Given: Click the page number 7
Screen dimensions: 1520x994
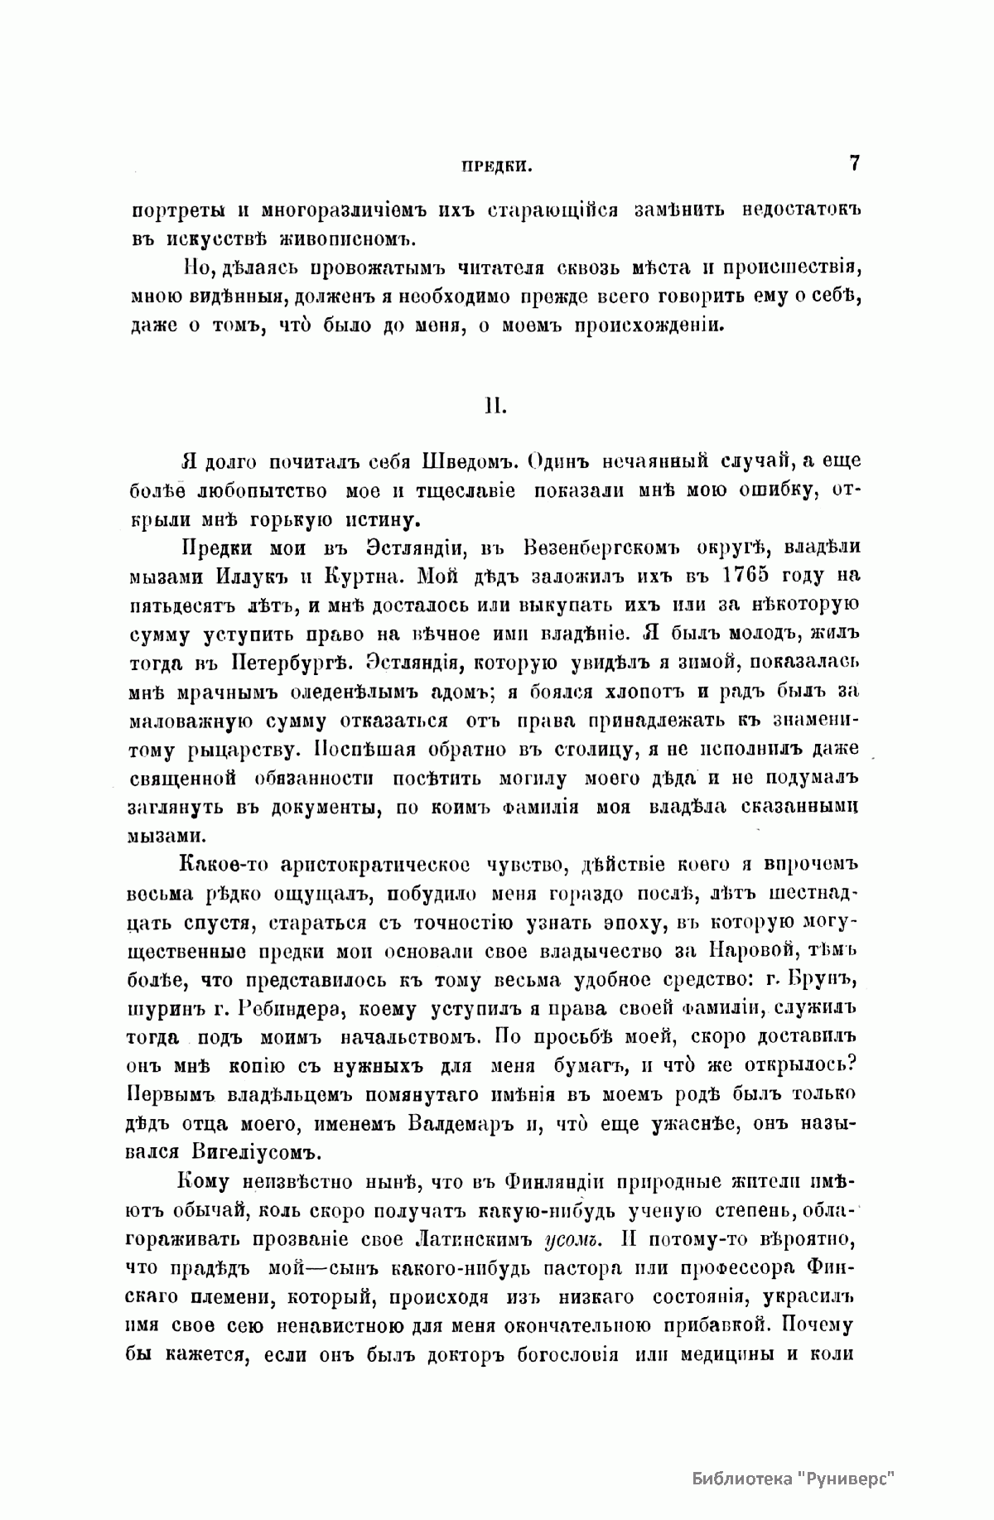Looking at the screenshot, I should point(854,162).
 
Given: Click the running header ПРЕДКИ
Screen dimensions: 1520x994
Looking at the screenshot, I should point(495,166).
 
